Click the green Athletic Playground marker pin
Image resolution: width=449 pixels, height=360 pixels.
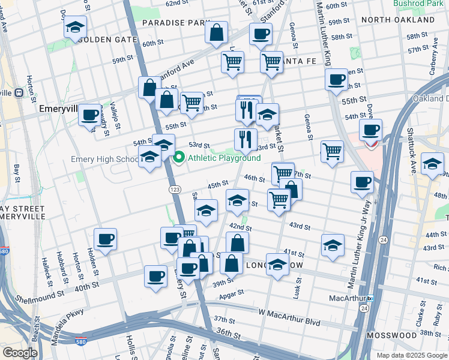(x=178, y=158)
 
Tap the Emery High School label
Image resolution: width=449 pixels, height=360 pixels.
(x=104, y=159)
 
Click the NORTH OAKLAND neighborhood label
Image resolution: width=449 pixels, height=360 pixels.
(x=406, y=20)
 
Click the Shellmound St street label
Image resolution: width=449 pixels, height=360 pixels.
(x=40, y=296)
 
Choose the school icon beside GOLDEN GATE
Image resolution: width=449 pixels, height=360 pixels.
(x=75, y=28)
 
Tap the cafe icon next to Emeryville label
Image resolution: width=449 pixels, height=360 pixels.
(x=90, y=114)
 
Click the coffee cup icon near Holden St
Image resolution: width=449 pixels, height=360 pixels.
(x=105, y=239)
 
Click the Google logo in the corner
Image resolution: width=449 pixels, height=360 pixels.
(x=20, y=353)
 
